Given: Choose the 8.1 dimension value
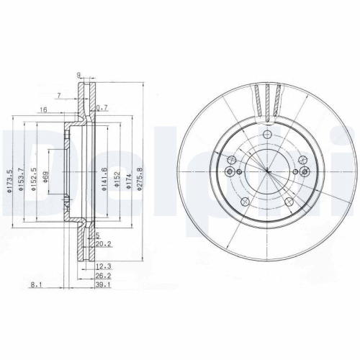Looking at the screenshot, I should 35,284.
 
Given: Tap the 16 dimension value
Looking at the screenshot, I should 43,109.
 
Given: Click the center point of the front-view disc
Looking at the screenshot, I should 266,171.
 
